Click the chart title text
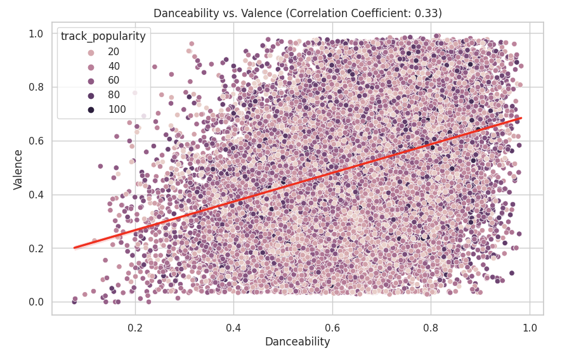point(297,13)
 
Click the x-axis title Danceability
point(297,342)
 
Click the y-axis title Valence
point(19,169)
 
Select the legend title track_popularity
point(103,37)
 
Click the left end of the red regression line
point(75,248)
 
